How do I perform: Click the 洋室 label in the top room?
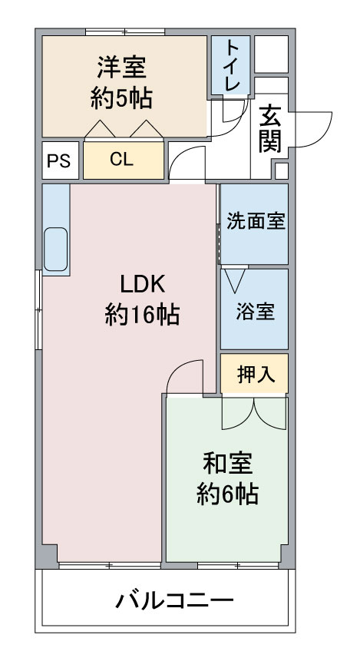(x=121, y=68)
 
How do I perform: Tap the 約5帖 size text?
(x=121, y=99)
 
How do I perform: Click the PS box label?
(x=58, y=160)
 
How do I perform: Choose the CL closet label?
(x=121, y=160)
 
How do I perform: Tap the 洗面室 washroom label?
(x=256, y=222)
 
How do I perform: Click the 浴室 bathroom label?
(x=255, y=312)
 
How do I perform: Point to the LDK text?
(x=142, y=285)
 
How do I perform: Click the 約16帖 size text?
(x=142, y=315)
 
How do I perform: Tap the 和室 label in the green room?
(x=228, y=463)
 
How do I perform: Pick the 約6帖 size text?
(x=228, y=494)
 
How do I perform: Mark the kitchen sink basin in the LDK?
(x=55, y=250)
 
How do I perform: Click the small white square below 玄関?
(x=282, y=170)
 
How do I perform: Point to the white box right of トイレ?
(x=272, y=54)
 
